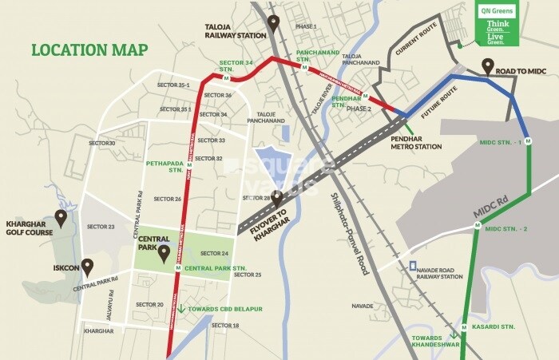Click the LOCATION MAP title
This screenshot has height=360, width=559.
click(x=89, y=49)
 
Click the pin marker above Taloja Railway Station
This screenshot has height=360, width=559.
click(x=273, y=23)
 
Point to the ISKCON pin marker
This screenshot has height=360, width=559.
click(x=88, y=266)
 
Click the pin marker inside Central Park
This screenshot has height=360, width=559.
click(x=164, y=255)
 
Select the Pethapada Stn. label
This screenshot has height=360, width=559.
click(x=165, y=168)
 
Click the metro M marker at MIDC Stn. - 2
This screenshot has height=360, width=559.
click(x=477, y=228)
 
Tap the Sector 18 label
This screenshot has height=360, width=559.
click(x=225, y=326)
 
